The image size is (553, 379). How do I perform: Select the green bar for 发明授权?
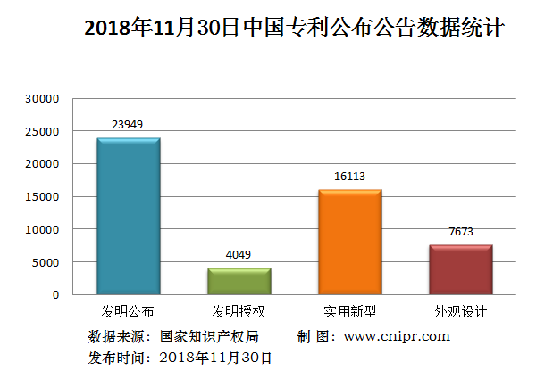239,281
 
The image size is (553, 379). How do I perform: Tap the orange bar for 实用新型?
349,242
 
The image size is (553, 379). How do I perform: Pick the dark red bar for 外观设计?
460,269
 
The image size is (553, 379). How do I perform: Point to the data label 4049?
239,255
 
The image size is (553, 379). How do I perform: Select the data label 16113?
349,177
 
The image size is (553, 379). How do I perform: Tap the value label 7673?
460,232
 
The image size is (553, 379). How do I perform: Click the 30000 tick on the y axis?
42,99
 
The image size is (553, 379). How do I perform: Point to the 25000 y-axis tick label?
42,132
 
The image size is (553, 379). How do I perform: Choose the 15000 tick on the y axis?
42,197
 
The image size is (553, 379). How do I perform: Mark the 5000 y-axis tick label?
46,262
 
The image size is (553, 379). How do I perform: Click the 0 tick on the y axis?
54,294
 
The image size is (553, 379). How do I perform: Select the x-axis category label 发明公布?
129,311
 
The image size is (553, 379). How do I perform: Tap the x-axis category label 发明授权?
239,311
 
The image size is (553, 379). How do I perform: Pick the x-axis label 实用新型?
349,311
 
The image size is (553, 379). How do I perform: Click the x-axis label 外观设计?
460,311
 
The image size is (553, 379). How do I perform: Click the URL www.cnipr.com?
396,336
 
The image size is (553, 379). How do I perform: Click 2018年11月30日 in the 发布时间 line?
214,358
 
